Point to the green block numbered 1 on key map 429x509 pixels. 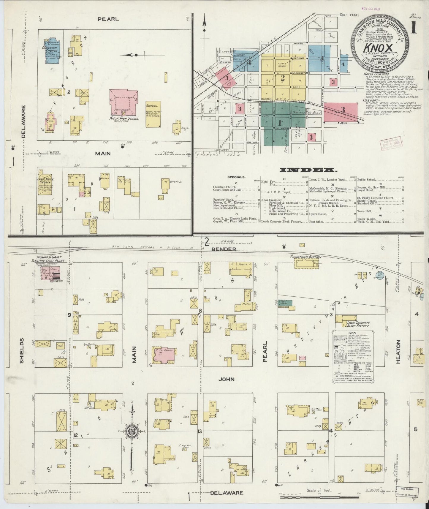(279, 122)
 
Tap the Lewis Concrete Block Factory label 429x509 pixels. (358, 324)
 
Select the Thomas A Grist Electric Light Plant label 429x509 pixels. (49, 259)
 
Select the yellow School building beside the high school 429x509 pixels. (153, 114)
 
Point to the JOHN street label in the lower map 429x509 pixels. (227, 379)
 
